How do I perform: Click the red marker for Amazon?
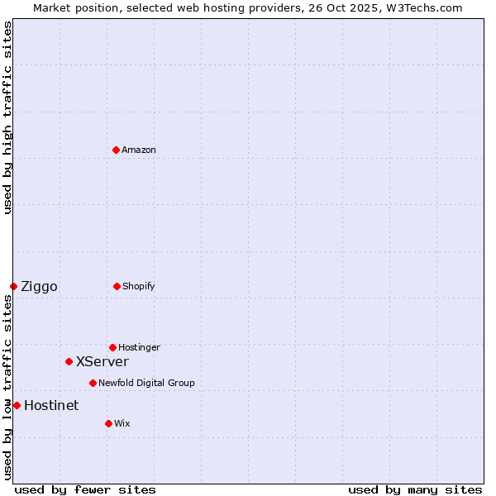116,150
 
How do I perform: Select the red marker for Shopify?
117,286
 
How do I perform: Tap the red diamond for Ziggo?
13,286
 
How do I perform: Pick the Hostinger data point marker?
112,347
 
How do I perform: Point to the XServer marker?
69,361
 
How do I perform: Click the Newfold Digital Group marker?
93,383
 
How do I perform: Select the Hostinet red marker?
17,405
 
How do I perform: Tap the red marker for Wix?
108,423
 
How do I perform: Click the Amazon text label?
139,150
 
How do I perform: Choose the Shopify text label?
139,286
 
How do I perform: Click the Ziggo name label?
39,287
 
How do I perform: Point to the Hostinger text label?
139,347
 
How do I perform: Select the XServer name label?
103,361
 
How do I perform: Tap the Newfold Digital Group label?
146,383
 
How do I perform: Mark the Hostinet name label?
51,405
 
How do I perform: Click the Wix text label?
122,423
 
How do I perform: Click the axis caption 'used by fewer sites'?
85,489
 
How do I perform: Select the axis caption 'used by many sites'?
415,489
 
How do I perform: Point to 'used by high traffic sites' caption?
7,117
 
